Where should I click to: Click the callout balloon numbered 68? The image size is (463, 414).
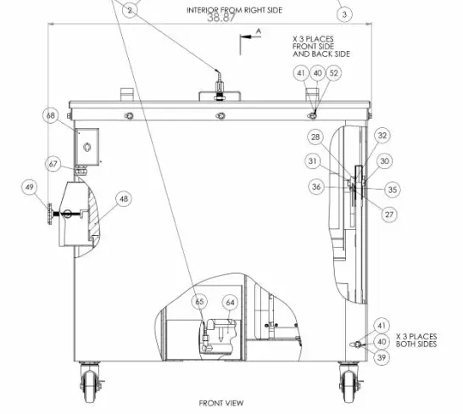pos(51,115)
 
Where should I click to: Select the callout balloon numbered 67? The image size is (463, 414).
pos(53,164)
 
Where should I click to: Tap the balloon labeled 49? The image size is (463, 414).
pos(30,187)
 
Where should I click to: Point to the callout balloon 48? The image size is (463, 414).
pos(124,199)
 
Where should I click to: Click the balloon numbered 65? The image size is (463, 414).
pos(199,301)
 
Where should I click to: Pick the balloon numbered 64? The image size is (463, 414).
pos(230,302)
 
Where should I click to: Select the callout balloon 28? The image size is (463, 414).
pos(315,137)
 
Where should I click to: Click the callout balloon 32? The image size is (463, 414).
pos(382,135)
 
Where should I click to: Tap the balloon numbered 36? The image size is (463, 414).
pos(316,187)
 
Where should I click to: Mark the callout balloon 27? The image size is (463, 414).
pos(390,215)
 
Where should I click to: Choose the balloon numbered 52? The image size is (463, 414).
pos(333,74)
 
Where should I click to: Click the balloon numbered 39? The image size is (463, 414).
pos(382,358)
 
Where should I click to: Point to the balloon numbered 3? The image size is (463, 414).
pos(343,14)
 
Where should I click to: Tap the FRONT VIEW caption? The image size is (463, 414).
pos(221,403)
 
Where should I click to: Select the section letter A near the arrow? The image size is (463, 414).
pos(258,30)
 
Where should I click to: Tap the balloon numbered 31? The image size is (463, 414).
pos(313,161)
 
